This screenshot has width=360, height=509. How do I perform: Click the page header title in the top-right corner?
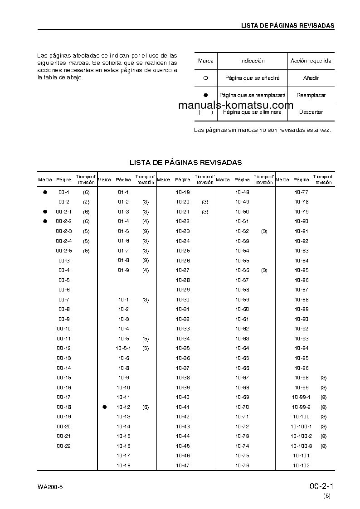coord(287,25)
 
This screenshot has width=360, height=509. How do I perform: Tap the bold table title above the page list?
coord(185,162)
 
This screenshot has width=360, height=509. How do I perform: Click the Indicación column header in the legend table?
coord(252,61)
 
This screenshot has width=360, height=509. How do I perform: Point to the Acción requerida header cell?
coord(311,61)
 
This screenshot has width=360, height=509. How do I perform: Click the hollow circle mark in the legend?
coord(205,78)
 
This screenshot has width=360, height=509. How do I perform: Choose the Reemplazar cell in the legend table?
coord(311,95)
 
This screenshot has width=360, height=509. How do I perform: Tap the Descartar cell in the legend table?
coord(311,112)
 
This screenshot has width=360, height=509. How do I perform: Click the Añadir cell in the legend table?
coord(311,78)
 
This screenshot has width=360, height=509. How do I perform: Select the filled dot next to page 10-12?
coord(104,407)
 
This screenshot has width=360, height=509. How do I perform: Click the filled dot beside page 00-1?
coord(45,192)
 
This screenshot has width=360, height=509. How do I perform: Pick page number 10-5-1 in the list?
coord(123,348)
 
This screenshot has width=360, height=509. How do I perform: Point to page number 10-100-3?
coord(301,446)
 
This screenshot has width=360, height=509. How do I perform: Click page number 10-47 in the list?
coord(183,465)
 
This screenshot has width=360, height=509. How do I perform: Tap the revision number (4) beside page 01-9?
coord(145,270)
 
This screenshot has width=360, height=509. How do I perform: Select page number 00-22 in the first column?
coord(64,446)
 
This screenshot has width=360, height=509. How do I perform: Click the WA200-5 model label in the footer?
coord(50,487)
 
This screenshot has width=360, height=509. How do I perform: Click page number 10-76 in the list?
coord(242,465)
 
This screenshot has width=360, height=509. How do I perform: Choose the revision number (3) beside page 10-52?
coord(264,231)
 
